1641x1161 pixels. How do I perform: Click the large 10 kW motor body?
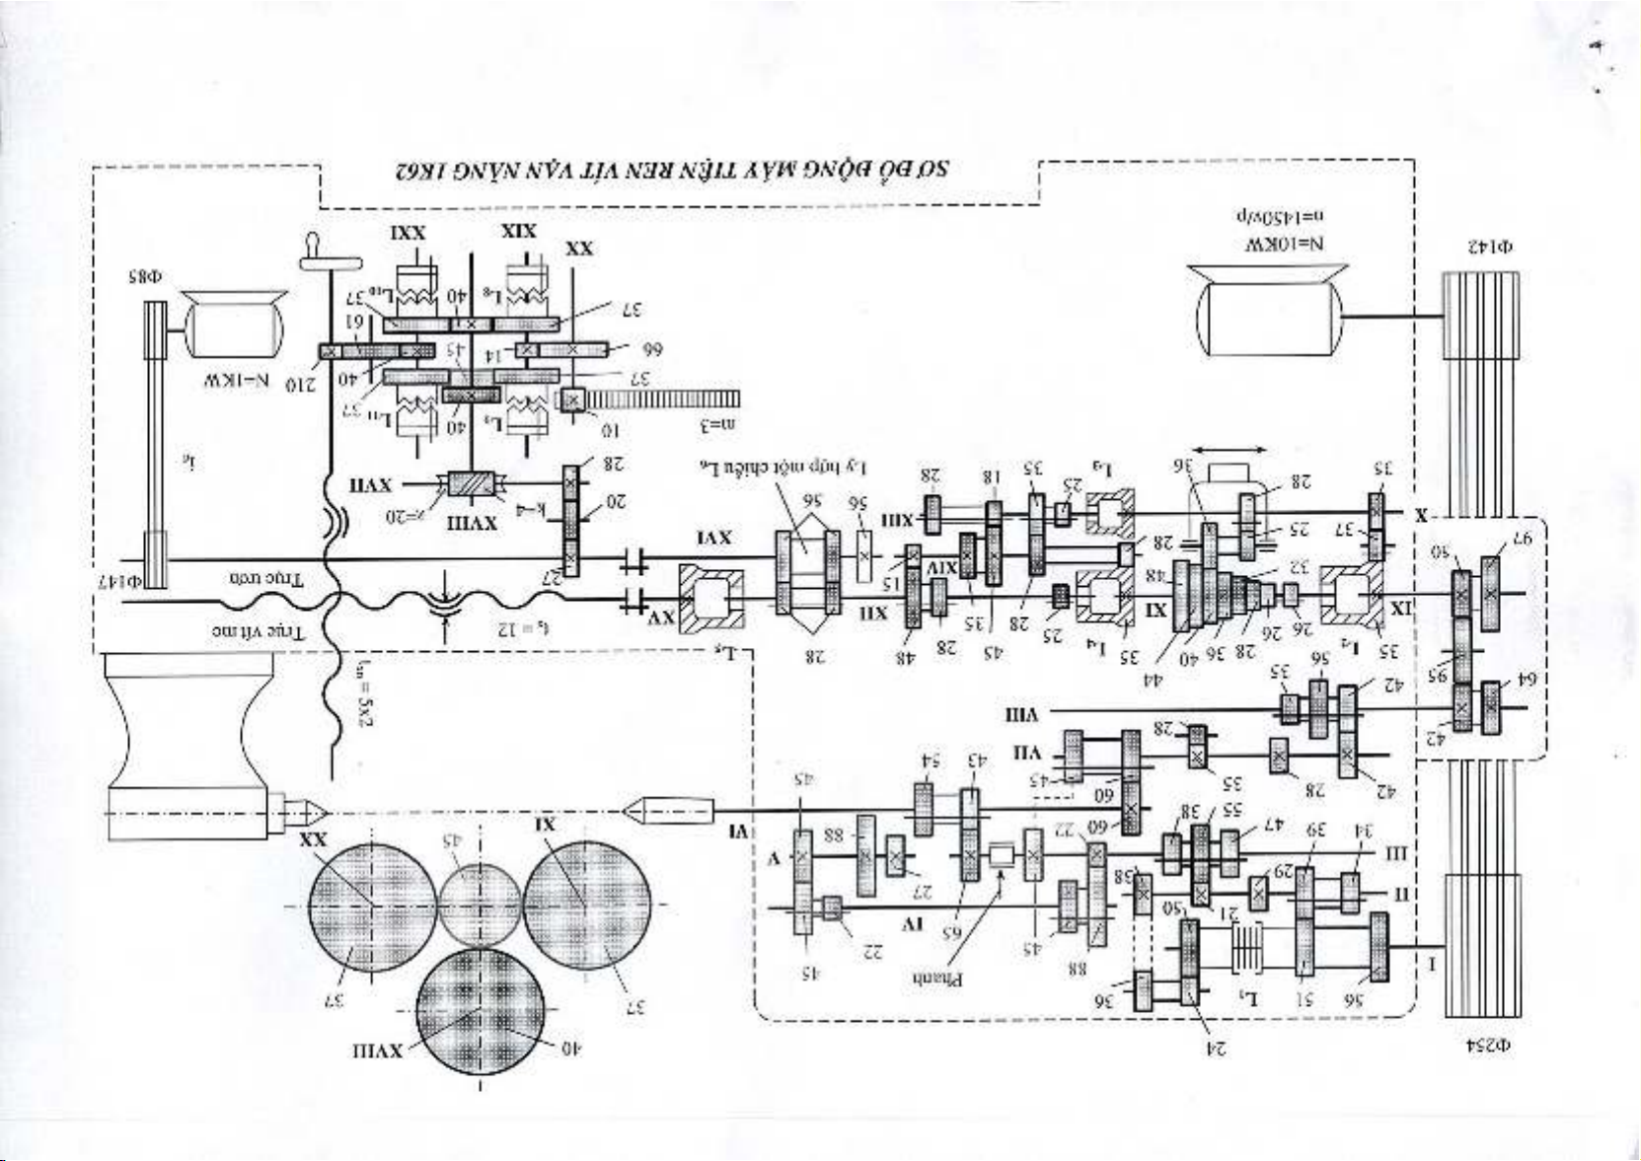click(x=1268, y=316)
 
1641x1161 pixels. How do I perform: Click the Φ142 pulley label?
click(x=1490, y=246)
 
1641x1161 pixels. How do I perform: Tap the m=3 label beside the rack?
click(x=718, y=426)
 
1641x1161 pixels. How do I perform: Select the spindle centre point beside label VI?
click(x=636, y=812)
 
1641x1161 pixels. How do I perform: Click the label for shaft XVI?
click(x=714, y=538)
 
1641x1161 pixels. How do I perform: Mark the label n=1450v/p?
click(x=1286, y=216)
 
